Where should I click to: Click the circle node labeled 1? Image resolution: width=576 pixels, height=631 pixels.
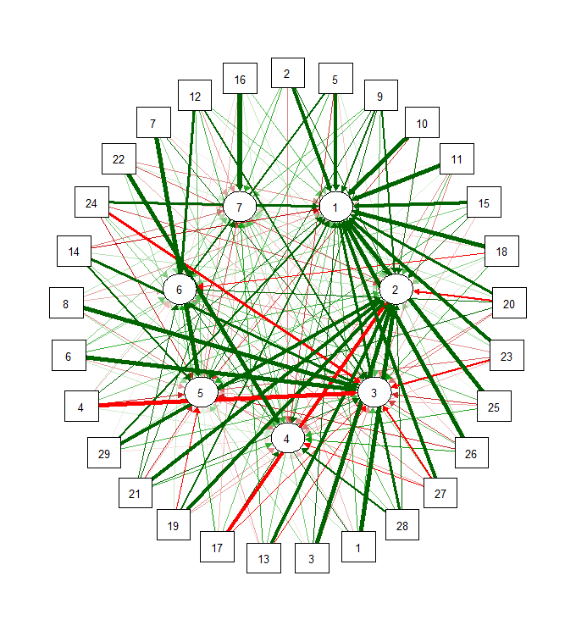click(x=335, y=207)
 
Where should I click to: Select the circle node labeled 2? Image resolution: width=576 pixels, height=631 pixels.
click(x=395, y=290)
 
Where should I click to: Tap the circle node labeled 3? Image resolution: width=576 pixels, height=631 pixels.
click(x=374, y=391)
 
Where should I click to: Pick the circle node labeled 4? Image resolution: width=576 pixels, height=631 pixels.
click(x=287, y=438)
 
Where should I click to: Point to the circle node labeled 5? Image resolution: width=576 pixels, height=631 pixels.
click(x=200, y=393)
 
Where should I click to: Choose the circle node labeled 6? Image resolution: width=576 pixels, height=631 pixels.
click(x=179, y=290)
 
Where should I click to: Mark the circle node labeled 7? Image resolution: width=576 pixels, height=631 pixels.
click(x=239, y=207)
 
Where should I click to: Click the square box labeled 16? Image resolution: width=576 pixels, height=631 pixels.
click(x=240, y=80)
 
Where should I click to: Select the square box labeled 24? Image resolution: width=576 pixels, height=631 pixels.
click(x=91, y=203)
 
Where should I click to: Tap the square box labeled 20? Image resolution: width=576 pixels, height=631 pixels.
click(x=509, y=304)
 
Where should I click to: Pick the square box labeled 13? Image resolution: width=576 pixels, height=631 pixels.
click(x=263, y=559)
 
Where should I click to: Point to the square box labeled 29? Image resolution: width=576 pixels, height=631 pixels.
click(x=104, y=454)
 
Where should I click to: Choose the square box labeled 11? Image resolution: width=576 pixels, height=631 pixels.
click(x=457, y=158)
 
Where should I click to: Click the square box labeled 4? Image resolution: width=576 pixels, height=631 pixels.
click(x=81, y=407)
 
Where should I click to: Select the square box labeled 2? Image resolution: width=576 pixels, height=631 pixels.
click(x=287, y=74)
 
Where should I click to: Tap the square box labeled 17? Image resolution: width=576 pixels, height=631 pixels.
click(x=217, y=547)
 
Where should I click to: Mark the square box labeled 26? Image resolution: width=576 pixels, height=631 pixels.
click(x=471, y=454)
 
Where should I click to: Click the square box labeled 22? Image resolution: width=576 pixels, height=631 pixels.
click(x=119, y=159)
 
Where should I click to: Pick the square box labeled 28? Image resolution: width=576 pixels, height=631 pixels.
click(x=402, y=526)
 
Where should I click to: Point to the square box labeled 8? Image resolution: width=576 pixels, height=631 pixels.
click(x=66, y=304)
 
